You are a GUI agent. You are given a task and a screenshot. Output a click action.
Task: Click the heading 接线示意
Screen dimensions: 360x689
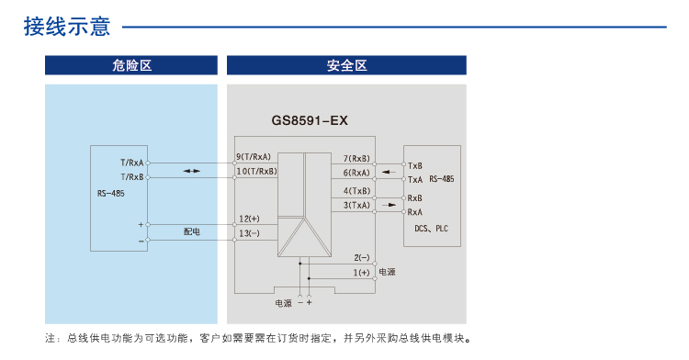[68, 27]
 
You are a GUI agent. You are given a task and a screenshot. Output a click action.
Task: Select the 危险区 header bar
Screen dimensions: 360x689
[131, 66]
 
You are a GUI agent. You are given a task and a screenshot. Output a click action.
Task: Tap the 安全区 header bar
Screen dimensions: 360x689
[346, 66]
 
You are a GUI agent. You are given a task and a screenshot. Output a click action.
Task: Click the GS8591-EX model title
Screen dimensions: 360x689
[310, 120]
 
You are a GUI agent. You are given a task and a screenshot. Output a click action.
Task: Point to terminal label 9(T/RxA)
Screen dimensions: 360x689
[258, 157]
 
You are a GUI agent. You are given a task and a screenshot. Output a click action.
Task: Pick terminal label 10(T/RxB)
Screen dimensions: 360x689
[257, 171]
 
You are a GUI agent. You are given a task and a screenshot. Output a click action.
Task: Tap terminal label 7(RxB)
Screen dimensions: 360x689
[356, 159]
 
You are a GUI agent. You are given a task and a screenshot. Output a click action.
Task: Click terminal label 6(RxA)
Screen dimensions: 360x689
[356, 173]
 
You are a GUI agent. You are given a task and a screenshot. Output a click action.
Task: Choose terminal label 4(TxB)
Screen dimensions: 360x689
[356, 191]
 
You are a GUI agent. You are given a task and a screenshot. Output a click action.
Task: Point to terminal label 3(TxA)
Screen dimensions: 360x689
[356, 206]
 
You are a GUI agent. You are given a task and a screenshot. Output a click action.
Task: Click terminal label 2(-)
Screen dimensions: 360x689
[361, 257]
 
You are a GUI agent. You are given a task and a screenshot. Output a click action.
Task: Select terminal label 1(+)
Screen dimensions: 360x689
[361, 272]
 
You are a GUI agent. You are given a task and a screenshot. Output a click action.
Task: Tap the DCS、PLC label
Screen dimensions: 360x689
[432, 228]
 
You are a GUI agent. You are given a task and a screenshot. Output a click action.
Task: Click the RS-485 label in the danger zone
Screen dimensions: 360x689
[110, 194]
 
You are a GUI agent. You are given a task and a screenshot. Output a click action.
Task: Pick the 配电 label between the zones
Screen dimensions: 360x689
[191, 231]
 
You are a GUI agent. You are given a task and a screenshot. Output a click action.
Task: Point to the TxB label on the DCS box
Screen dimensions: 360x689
[414, 165]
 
